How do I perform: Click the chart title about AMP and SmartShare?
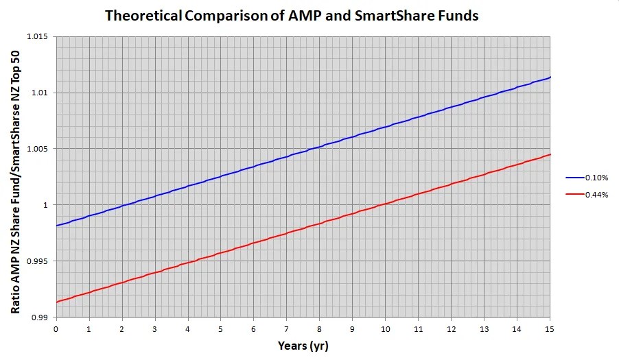(x=291, y=15)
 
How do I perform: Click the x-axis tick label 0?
(x=56, y=328)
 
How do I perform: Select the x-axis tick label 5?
(x=220, y=328)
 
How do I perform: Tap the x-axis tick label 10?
(x=385, y=328)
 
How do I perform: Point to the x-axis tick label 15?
(x=550, y=328)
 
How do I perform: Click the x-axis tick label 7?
(x=286, y=328)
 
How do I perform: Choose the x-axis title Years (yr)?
(x=303, y=346)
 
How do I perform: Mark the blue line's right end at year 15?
(x=550, y=77)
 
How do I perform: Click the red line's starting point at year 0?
(x=56, y=302)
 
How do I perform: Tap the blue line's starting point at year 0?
(x=56, y=225)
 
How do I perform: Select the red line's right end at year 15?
(x=550, y=154)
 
